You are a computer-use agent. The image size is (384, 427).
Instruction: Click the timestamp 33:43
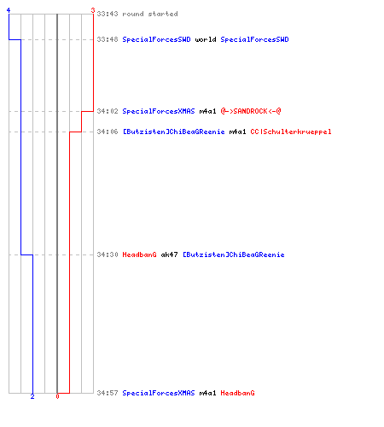(x=108, y=14)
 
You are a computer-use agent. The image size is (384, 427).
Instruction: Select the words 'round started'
(x=150, y=14)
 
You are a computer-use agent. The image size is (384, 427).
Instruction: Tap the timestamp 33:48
(x=108, y=39)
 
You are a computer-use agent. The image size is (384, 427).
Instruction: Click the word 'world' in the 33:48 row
(x=206, y=39)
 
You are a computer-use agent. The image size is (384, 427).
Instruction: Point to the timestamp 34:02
(x=108, y=111)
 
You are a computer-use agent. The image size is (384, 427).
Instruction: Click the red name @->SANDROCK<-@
(x=251, y=111)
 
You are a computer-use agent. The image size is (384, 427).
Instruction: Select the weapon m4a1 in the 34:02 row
(x=207, y=111)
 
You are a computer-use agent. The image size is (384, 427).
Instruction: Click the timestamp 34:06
(x=108, y=132)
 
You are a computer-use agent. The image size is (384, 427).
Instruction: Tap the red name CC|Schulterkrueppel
(x=291, y=132)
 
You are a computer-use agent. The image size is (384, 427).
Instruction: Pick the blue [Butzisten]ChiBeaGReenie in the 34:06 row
(x=173, y=132)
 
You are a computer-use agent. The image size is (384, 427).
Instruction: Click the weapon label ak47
(x=169, y=254)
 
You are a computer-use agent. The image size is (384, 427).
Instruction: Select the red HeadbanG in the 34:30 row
(x=139, y=254)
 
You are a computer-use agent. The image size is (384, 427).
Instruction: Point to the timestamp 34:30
(x=108, y=254)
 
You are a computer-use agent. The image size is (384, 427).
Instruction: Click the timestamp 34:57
(x=108, y=393)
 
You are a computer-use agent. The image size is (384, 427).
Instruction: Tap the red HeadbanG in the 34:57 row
(x=237, y=393)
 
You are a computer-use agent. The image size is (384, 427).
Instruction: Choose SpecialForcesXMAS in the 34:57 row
(x=159, y=393)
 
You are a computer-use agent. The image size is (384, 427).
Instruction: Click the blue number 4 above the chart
(x=9, y=10)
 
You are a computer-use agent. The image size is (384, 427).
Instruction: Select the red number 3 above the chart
(x=93, y=10)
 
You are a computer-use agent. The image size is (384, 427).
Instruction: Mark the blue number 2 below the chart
(x=32, y=396)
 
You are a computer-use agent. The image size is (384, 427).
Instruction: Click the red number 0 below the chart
(x=57, y=396)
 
